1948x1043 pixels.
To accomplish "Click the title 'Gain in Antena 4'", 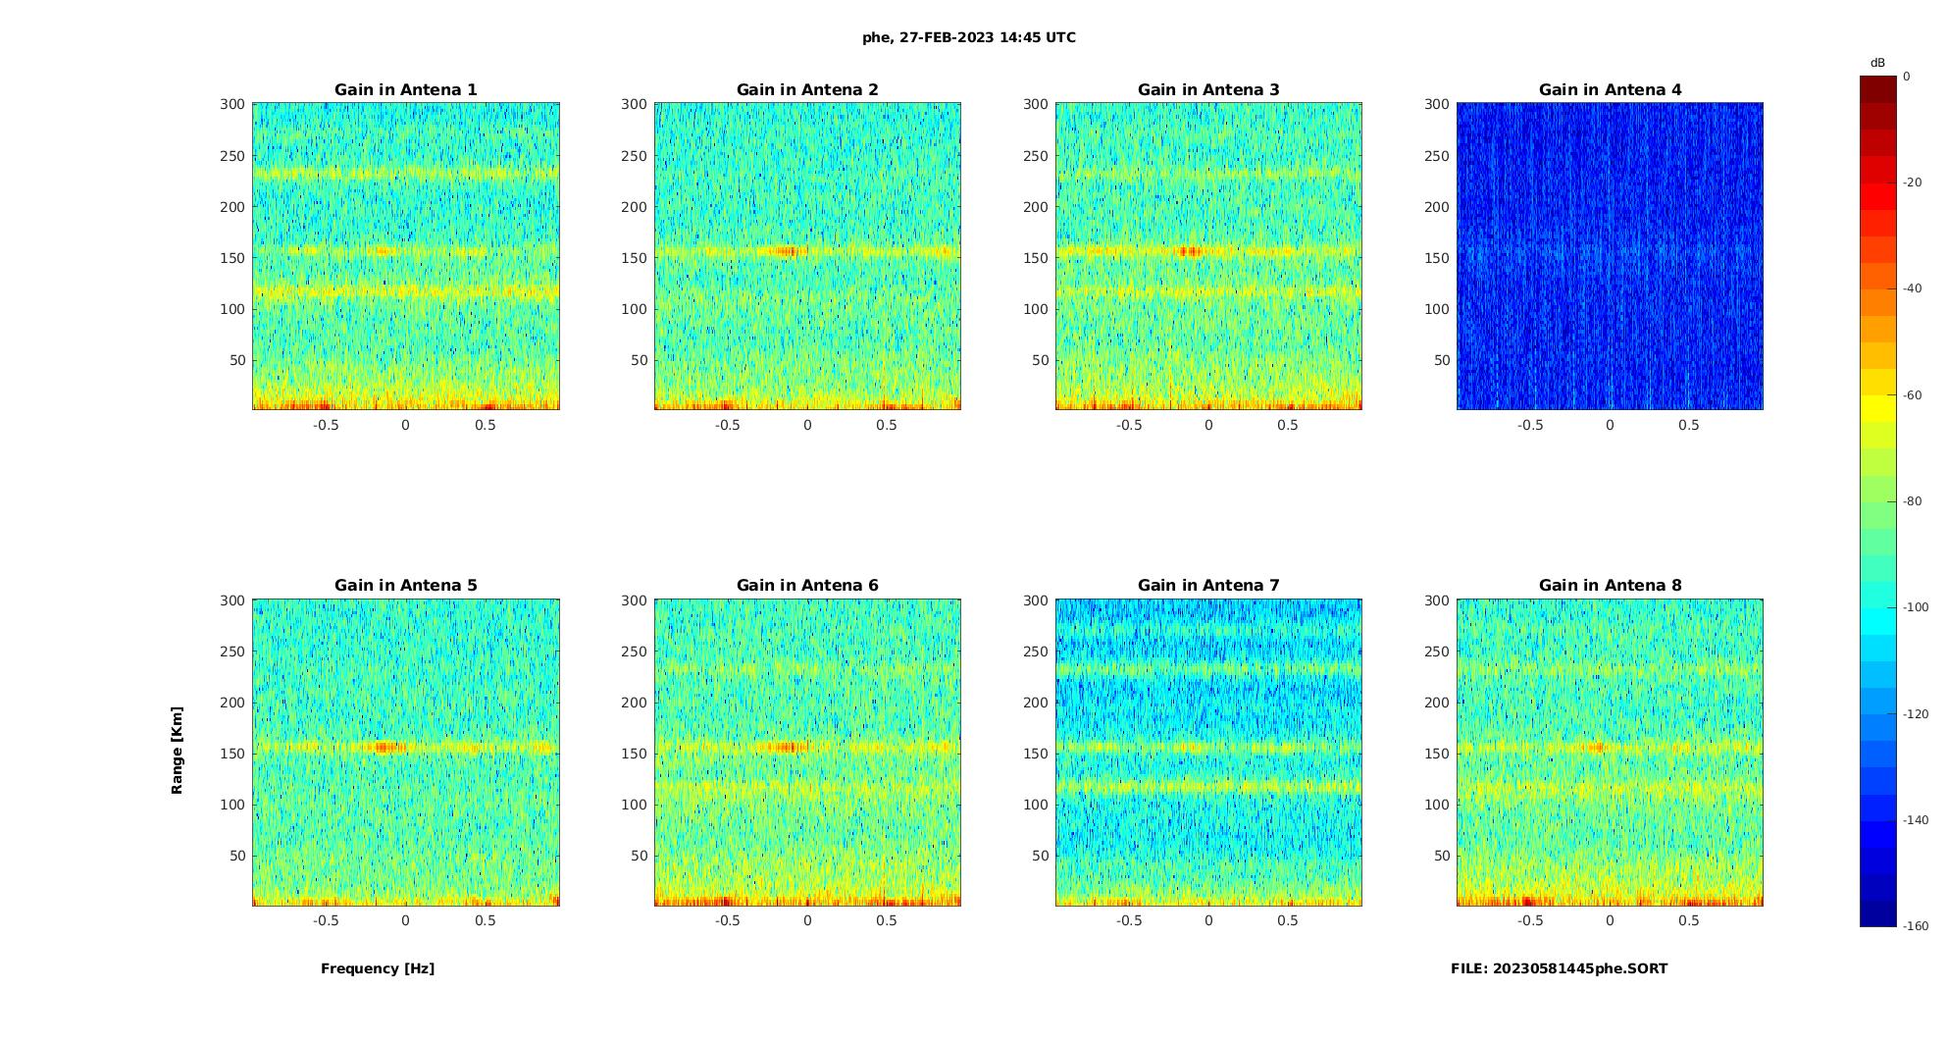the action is (1610, 89).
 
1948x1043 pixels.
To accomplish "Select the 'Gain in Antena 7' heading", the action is (1208, 585).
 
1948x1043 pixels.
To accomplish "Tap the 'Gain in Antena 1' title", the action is (406, 89).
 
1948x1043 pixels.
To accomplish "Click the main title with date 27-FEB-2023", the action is (969, 37).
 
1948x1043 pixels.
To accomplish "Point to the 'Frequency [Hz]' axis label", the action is (378, 968).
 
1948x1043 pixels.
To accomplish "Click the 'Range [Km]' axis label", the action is (178, 750).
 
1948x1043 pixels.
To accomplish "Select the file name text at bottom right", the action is (1559, 968).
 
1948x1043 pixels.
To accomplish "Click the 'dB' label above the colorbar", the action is (1877, 63).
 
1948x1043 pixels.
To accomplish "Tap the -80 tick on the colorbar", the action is (1914, 501).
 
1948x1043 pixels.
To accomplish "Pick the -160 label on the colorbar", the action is (1916, 926).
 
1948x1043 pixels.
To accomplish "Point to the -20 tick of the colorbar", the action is (1914, 183).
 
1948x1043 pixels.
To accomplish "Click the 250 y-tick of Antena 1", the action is (232, 156).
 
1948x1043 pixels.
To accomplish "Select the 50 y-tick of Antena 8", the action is (1442, 856).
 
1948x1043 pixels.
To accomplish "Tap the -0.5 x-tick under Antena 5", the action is (326, 920).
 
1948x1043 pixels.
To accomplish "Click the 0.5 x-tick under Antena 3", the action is (1288, 425).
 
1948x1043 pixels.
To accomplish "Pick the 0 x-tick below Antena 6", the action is (807, 920).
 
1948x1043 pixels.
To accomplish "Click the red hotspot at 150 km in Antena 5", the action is (385, 747).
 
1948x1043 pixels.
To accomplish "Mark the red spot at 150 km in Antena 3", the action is (1190, 251).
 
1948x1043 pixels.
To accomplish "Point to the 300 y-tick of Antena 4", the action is (1437, 104).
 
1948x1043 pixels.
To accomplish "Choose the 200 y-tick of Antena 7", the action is (1036, 703).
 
